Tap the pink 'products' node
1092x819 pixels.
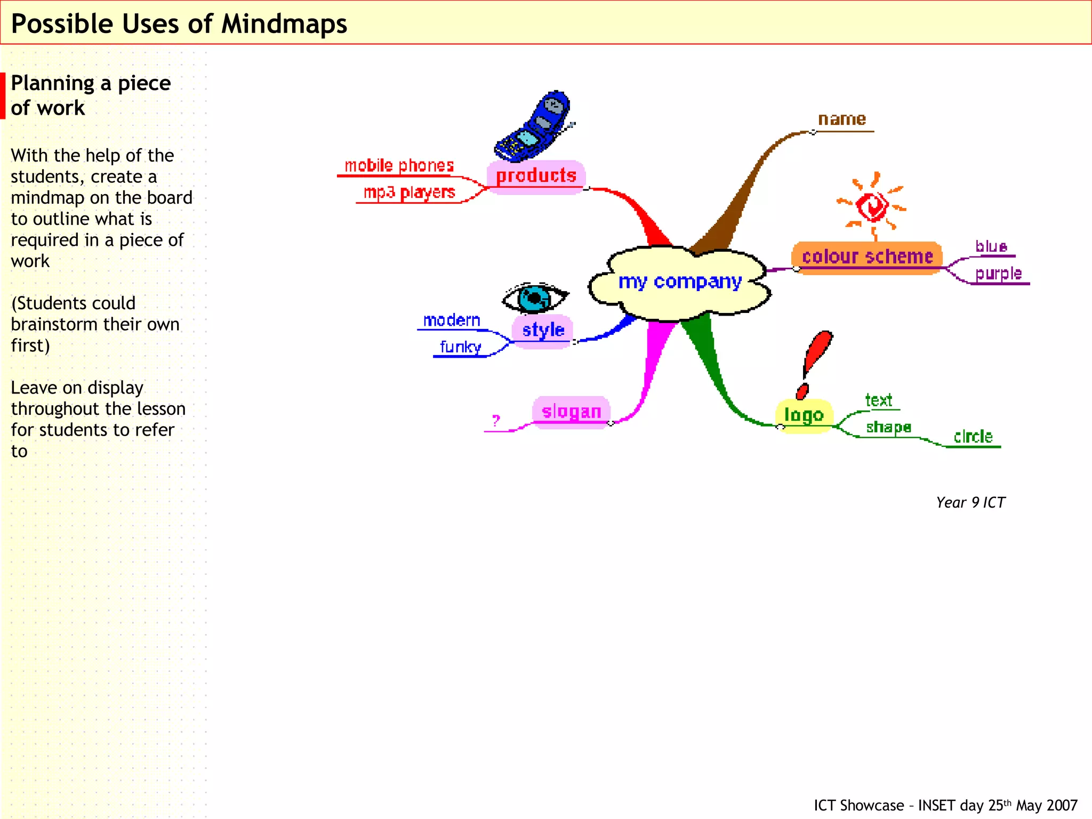[536, 176]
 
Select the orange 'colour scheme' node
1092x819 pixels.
[867, 257]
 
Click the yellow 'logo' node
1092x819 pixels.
[804, 415]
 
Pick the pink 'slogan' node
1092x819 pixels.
[571, 412]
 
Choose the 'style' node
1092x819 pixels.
[543, 330]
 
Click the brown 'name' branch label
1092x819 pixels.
[842, 119]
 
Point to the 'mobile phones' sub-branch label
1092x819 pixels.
[399, 166]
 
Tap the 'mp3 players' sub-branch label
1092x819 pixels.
[409, 192]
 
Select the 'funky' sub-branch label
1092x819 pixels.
[460, 347]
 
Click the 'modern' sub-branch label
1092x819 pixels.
[452, 320]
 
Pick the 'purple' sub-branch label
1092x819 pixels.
[998, 274]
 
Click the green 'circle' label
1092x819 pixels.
[973, 437]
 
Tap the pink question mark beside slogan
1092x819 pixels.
[496, 421]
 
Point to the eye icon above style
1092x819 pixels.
[535, 299]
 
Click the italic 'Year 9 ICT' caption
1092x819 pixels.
[970, 503]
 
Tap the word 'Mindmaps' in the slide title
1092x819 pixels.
[284, 25]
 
